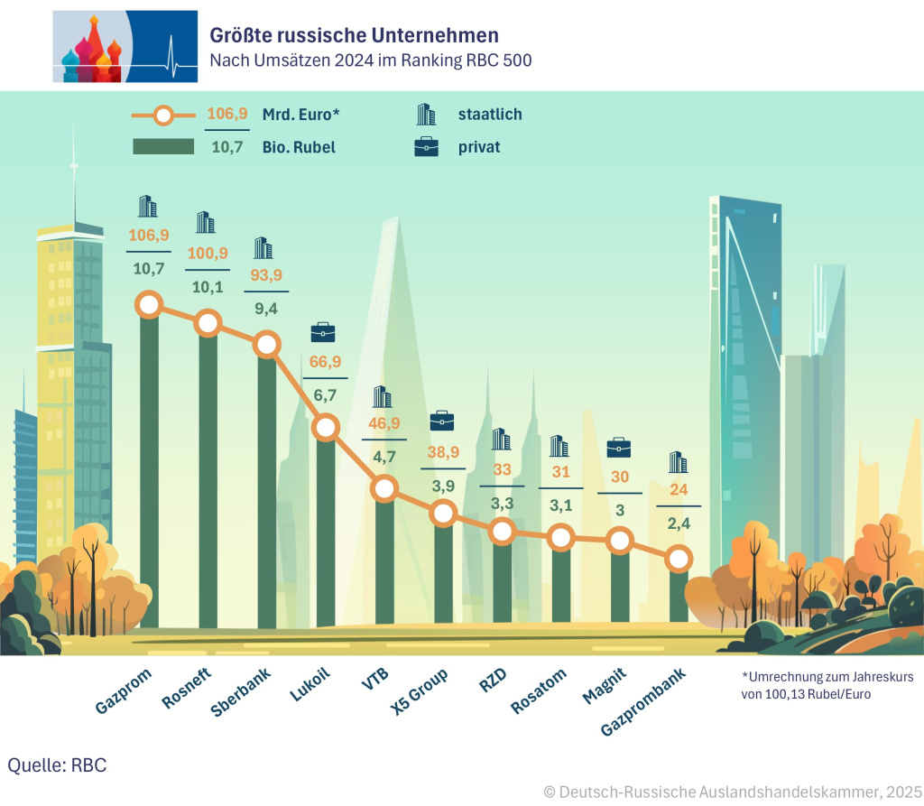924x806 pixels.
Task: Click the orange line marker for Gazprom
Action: point(149,305)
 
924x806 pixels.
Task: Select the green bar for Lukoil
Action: point(326,533)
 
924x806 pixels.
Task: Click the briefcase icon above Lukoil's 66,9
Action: point(322,333)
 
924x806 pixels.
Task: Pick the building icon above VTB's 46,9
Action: point(383,397)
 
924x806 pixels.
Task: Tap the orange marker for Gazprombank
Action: point(679,560)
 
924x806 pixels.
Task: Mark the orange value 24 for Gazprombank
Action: point(679,492)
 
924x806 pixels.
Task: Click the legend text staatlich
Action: point(490,115)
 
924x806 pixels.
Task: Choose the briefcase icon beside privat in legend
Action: point(426,146)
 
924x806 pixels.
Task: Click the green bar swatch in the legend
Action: point(163,146)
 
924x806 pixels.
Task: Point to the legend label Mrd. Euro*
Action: point(300,115)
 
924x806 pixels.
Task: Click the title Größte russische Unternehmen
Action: point(354,35)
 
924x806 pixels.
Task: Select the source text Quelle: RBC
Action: point(57,765)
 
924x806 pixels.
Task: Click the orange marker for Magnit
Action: point(619,542)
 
